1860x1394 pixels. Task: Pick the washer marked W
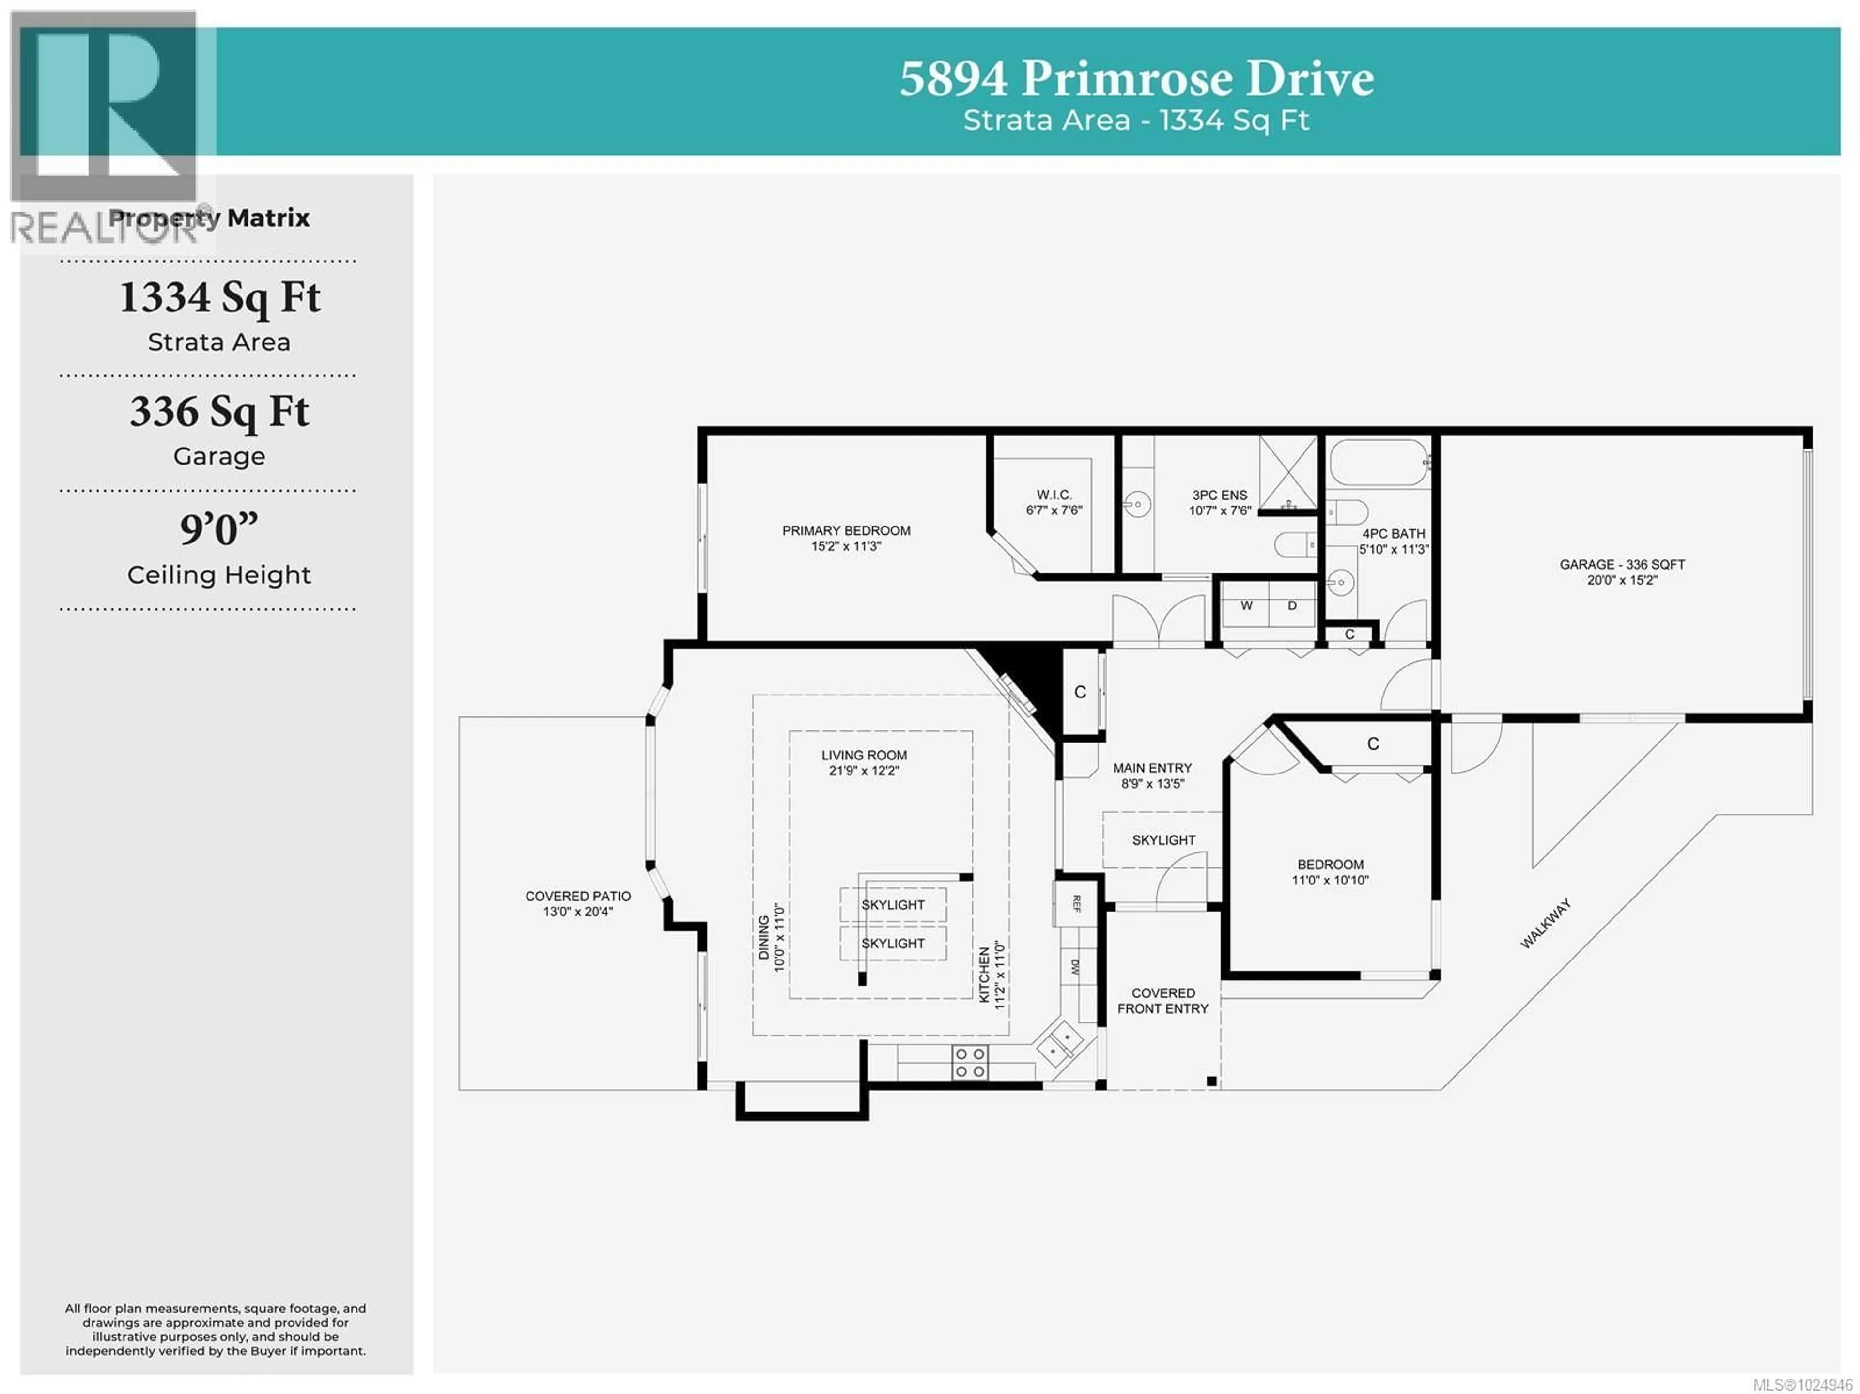(x=1246, y=606)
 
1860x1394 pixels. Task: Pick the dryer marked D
(x=1291, y=606)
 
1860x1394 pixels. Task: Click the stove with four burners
(x=970, y=1062)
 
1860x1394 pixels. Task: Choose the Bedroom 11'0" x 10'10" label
(x=1330, y=872)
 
